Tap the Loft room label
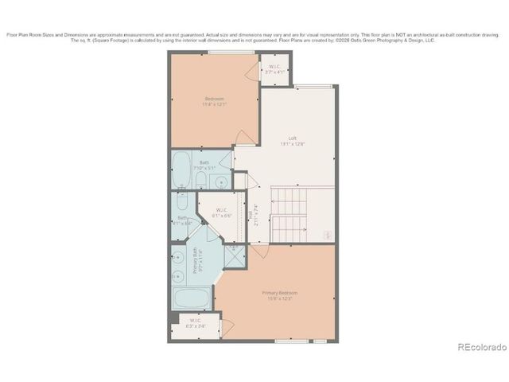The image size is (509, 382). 293,138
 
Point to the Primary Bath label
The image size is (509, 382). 195,262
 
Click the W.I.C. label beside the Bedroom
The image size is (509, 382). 274,67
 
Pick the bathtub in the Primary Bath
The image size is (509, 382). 191,299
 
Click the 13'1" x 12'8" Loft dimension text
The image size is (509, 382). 293,144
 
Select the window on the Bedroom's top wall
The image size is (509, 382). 231,53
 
